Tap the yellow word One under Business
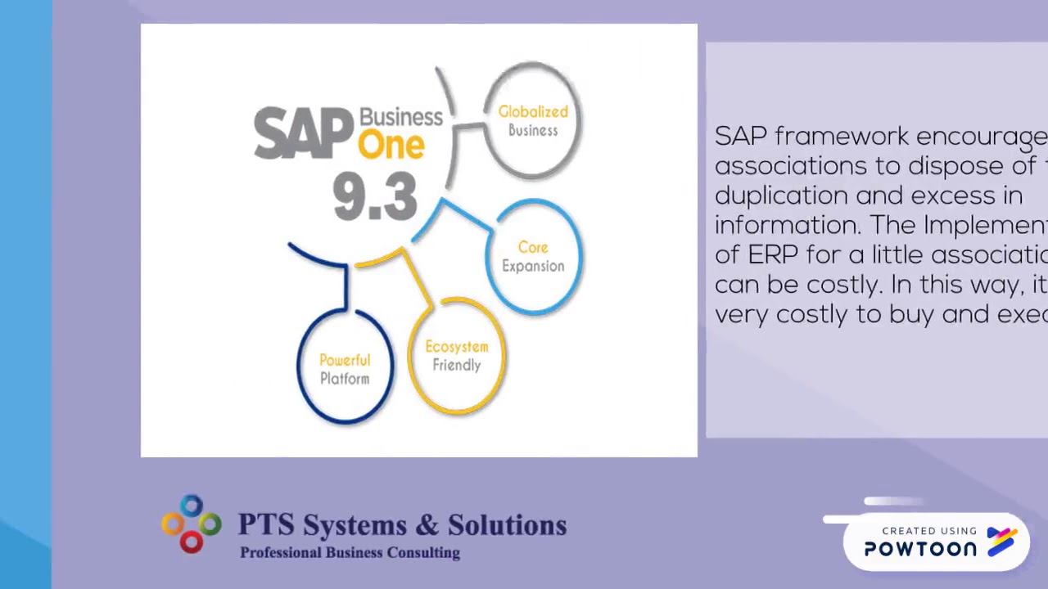coord(391,145)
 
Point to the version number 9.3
coord(375,197)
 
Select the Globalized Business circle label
coord(533,120)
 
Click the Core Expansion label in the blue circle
coord(533,256)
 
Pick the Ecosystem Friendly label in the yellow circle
coord(457,356)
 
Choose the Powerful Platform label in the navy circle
coord(345,369)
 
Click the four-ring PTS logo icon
coord(192,524)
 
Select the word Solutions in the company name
coord(508,525)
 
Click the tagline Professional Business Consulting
coord(350,553)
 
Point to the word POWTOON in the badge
coord(920,550)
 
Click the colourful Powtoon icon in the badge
coord(1002,541)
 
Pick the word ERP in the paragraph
coord(772,254)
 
